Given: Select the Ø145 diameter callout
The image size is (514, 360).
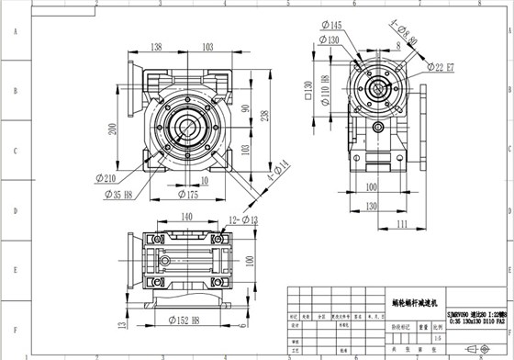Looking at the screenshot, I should click(332, 25).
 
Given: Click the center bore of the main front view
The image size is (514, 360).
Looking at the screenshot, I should click(191, 124).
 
